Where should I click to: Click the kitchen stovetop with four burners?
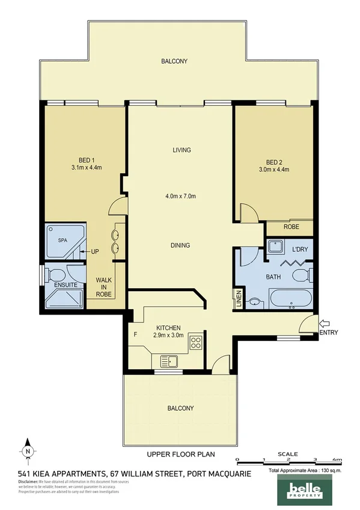(196, 343)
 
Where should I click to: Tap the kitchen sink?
(169, 361)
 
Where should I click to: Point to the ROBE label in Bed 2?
(290, 227)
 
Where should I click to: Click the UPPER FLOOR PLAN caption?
(180, 455)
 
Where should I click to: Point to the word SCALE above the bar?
(287, 455)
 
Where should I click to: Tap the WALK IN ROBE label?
(105, 287)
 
